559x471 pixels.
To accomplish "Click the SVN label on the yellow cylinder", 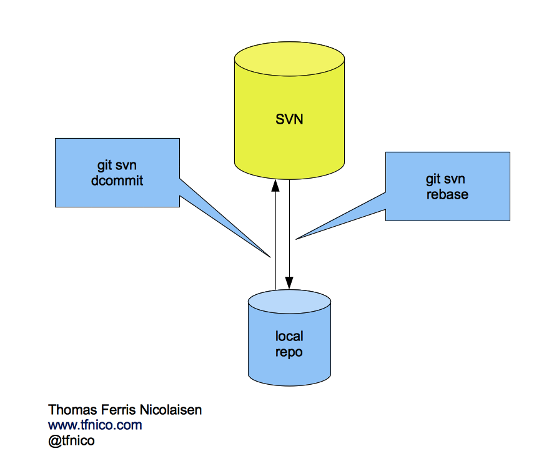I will pyautogui.click(x=289, y=119).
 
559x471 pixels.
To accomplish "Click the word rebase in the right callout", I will pyautogui.click(x=447, y=194).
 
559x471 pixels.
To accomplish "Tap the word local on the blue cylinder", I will pyautogui.click(x=289, y=337).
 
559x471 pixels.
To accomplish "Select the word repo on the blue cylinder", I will pyautogui.click(x=289, y=352).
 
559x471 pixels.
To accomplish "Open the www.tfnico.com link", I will pyautogui.click(x=95, y=425).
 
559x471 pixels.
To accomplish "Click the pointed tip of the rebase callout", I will pyautogui.click(x=297, y=237).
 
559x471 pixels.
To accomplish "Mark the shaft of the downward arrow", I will pyautogui.click(x=289, y=225).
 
